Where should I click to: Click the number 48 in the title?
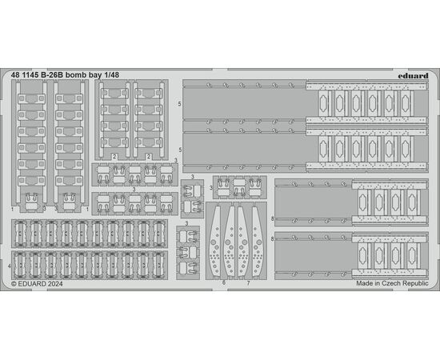(x=15, y=75)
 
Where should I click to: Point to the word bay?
(x=95, y=75)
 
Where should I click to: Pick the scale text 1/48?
(x=112, y=75)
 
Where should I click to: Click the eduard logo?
(x=413, y=76)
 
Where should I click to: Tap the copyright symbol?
(x=14, y=284)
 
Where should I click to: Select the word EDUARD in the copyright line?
(x=32, y=284)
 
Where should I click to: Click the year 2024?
(x=55, y=284)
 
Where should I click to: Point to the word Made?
(x=364, y=283)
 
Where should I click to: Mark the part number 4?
(x=10, y=266)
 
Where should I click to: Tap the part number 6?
(x=224, y=283)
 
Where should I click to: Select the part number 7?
(x=248, y=283)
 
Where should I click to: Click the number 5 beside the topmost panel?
(x=180, y=104)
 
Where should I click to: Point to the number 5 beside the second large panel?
(x=180, y=150)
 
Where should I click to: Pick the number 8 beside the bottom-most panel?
(x=273, y=239)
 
